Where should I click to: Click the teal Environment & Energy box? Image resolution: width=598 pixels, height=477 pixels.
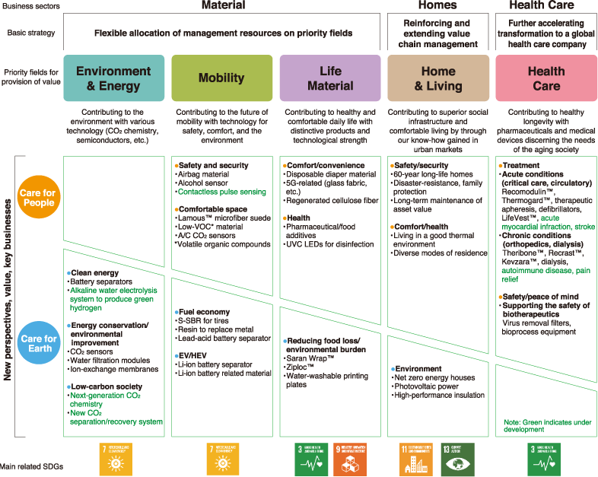point(113,78)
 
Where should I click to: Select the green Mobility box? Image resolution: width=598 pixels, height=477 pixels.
point(221,78)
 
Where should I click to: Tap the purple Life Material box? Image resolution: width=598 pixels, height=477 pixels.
point(330,78)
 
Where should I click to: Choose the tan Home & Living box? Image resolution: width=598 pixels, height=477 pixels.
point(438,78)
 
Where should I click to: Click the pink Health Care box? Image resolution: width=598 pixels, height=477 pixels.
point(546,78)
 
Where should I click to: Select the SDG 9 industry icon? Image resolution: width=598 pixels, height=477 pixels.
point(348,458)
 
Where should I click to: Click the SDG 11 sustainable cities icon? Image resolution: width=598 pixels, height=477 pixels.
point(415,458)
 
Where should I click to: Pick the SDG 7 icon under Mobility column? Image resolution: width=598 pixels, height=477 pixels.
point(221,458)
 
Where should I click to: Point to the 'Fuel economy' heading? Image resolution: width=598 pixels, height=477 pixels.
point(205,312)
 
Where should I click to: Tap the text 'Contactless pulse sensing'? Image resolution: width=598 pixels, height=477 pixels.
point(223,192)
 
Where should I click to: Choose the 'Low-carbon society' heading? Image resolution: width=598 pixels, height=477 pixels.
point(104,386)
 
